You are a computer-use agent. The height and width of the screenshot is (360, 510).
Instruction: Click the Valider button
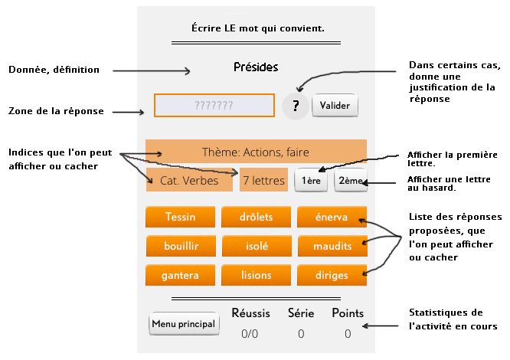click(335, 105)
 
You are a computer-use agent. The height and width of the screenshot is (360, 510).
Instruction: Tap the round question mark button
click(295, 106)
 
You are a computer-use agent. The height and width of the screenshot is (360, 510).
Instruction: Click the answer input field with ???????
click(214, 105)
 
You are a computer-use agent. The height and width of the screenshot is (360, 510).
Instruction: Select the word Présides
click(256, 67)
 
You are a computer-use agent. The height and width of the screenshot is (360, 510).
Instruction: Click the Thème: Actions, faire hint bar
click(256, 152)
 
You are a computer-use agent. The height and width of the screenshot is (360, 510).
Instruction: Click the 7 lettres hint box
click(263, 181)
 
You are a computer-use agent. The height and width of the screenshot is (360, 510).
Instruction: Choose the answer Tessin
click(180, 217)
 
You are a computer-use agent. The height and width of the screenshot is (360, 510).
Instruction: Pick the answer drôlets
click(256, 217)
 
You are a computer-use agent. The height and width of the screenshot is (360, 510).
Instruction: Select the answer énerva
click(332, 217)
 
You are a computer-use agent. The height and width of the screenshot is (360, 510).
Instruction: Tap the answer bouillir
click(180, 246)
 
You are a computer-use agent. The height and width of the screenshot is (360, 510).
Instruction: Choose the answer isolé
click(256, 246)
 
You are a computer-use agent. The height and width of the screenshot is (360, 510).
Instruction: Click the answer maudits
click(332, 246)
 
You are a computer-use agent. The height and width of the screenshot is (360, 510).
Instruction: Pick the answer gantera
click(180, 275)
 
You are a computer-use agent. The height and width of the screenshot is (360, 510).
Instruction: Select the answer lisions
click(256, 275)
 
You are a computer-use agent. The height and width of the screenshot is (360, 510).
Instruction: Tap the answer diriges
click(332, 275)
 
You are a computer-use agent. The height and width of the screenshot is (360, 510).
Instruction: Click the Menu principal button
click(184, 324)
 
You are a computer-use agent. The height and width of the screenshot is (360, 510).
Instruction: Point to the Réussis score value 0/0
click(250, 334)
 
